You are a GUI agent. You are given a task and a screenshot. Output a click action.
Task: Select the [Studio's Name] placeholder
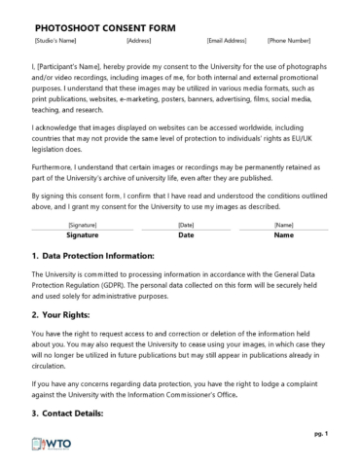55,41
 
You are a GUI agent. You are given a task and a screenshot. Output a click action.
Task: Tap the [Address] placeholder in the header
139,41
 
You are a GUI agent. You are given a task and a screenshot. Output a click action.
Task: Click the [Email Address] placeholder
227,41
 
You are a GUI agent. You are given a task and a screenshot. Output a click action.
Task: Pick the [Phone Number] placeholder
289,41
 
